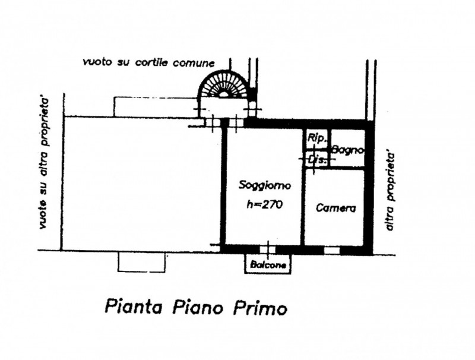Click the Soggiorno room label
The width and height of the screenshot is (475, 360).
[265, 185]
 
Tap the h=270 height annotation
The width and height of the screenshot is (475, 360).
[264, 205]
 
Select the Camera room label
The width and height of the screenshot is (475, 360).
[335, 208]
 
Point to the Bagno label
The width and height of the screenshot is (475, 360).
[347, 150]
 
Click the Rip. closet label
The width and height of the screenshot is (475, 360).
[317, 138]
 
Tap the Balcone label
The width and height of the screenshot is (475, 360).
[268, 265]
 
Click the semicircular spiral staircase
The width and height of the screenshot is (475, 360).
[224, 84]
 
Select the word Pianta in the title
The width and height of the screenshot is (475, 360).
[133, 307]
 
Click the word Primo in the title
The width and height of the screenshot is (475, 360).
[260, 308]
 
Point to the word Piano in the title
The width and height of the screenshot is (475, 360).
[198, 307]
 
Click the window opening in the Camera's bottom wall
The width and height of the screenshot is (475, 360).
[331, 251]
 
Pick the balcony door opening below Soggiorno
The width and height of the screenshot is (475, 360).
[268, 250]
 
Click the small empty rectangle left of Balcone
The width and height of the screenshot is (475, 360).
[141, 262]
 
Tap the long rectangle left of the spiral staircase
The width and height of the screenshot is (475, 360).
[156, 107]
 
